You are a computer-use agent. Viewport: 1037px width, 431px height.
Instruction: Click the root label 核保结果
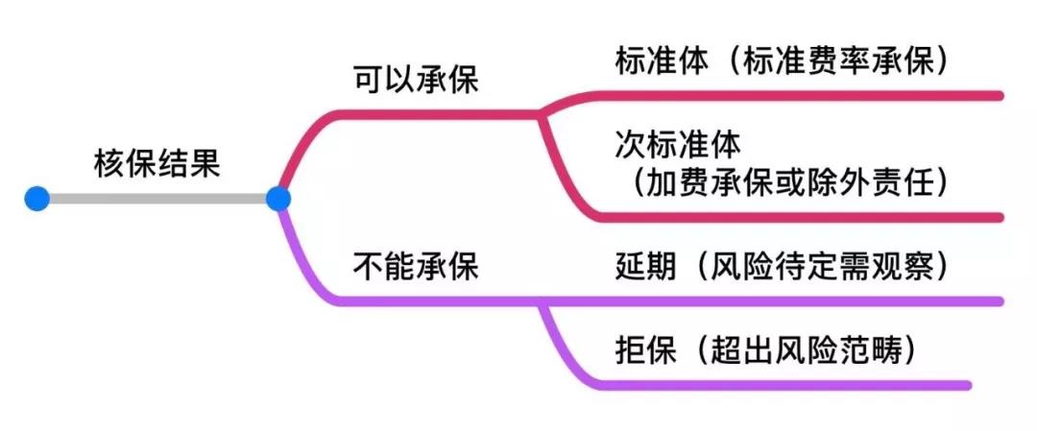click(157, 163)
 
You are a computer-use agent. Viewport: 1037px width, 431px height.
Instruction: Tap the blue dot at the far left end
click(36, 199)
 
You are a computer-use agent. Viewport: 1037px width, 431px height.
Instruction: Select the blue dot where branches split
click(277, 199)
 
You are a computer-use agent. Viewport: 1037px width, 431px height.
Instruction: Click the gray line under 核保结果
click(157, 199)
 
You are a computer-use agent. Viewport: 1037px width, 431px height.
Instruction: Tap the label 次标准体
click(678, 145)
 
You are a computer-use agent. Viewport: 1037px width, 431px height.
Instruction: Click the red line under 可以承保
click(432, 113)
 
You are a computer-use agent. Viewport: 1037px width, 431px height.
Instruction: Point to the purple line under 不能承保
click(432, 300)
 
